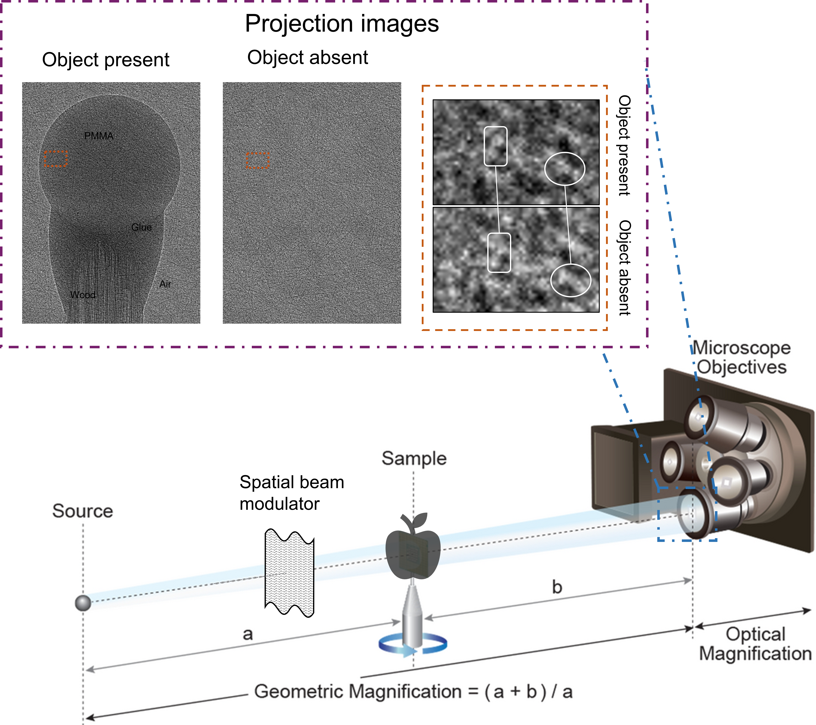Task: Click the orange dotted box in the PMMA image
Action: pos(56,159)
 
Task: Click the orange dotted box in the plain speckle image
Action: pos(257,160)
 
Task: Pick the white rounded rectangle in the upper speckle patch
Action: pos(495,146)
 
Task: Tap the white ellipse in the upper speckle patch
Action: pos(564,169)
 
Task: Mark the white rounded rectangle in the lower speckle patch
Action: pos(499,253)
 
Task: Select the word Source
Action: pos(83,511)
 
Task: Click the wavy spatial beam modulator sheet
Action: pos(289,572)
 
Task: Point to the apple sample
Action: pos(413,548)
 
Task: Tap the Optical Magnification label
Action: pos(755,644)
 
